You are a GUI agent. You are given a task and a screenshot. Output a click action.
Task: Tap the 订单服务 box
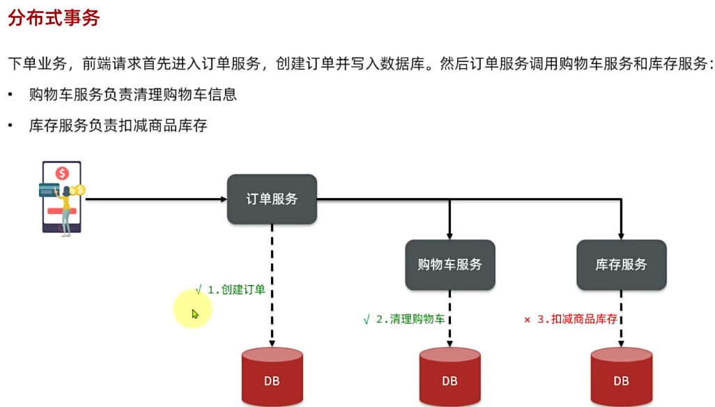pos(272,199)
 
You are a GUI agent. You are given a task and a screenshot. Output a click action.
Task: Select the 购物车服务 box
pos(450,265)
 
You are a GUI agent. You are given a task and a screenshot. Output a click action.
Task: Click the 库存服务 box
pos(621,265)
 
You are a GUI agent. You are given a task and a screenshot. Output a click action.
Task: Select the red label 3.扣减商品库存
pos(577,319)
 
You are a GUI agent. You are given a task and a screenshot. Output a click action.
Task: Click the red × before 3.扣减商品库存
pos(528,319)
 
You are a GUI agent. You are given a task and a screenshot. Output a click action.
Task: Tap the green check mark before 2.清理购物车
pos(366,319)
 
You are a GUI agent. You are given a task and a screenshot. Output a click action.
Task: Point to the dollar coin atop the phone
pos(63,173)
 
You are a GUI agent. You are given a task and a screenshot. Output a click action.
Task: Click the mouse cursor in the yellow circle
pos(195,314)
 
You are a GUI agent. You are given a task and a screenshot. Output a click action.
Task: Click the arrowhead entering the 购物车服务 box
pos(449,236)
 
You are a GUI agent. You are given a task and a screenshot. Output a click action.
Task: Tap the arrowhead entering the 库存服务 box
pos(621,236)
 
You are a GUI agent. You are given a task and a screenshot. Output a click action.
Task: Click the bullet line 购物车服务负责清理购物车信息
pos(133,94)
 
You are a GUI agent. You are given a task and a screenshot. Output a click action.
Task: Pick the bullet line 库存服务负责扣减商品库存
pos(118,126)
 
